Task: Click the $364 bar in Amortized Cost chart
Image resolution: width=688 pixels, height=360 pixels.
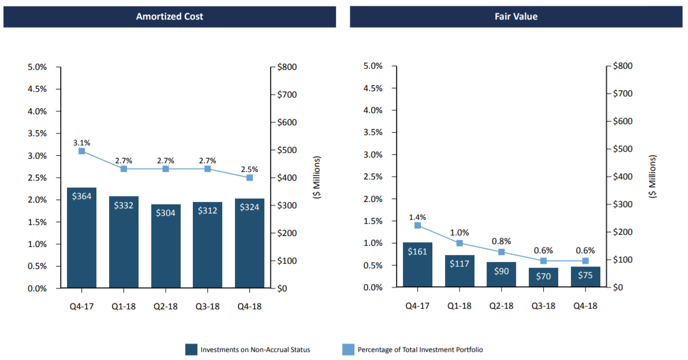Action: tap(81, 238)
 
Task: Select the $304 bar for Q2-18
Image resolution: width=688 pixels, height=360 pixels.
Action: tap(166, 246)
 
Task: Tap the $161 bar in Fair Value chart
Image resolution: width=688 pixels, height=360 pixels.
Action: tap(417, 264)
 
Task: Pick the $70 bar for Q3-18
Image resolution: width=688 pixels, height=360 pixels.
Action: tap(543, 277)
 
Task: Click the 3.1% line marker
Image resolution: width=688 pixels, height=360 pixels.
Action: tap(81, 151)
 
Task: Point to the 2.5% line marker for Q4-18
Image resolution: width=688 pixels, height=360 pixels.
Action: tap(249, 178)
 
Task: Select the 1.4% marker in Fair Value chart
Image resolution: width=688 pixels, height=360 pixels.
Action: tap(417, 226)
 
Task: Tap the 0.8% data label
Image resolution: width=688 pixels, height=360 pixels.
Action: tap(501, 241)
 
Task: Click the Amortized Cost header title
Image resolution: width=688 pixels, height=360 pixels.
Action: tap(169, 17)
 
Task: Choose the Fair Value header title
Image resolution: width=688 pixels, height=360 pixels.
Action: tap(516, 17)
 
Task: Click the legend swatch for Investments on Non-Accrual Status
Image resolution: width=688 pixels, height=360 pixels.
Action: tap(192, 350)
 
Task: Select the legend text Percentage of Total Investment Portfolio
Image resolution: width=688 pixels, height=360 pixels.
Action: tap(420, 350)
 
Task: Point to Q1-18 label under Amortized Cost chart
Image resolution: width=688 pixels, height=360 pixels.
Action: tap(124, 307)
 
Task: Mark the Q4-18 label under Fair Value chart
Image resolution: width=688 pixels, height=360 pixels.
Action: tap(585, 306)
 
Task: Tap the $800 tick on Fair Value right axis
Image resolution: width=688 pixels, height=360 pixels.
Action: tap(622, 66)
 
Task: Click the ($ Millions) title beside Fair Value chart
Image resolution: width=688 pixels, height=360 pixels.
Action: tap(653, 177)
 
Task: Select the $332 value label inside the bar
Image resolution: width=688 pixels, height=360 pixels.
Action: tap(124, 205)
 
